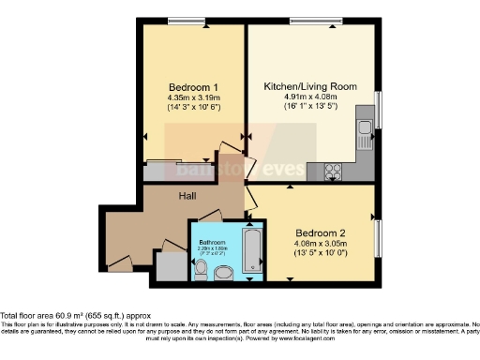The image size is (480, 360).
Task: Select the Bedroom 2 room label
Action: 321,232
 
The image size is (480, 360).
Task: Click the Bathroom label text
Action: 214,242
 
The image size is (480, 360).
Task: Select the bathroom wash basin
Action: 225,273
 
